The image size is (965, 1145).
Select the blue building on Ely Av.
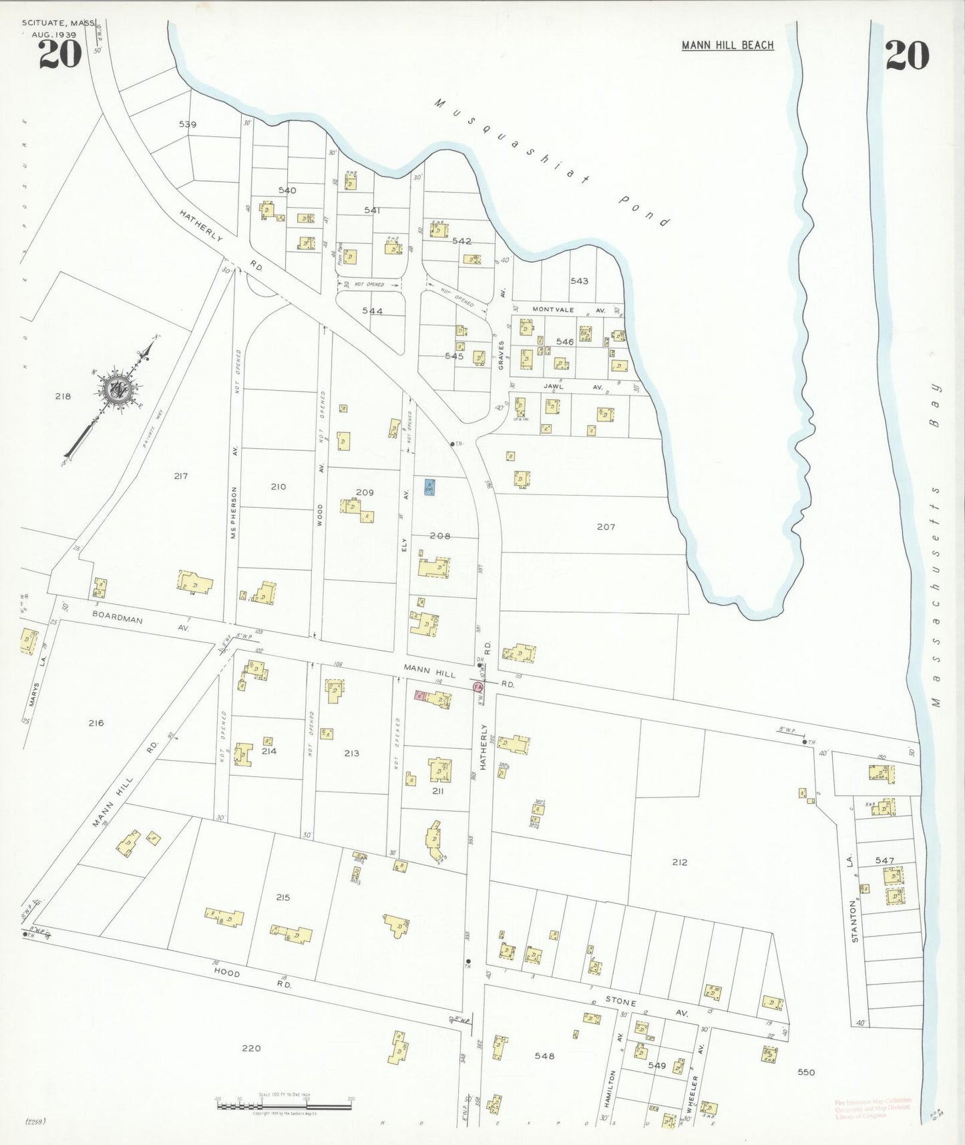(x=429, y=487)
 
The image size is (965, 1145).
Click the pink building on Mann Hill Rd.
(x=421, y=696)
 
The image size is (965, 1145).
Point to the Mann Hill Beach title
(x=727, y=45)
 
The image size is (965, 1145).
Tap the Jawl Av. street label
(x=572, y=387)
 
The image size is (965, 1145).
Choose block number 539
(x=188, y=124)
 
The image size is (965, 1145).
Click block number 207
(x=606, y=527)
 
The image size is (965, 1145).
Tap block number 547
(x=884, y=860)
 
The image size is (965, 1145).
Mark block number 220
(x=251, y=1048)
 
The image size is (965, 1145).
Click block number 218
(x=63, y=396)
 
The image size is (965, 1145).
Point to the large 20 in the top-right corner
(x=907, y=55)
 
